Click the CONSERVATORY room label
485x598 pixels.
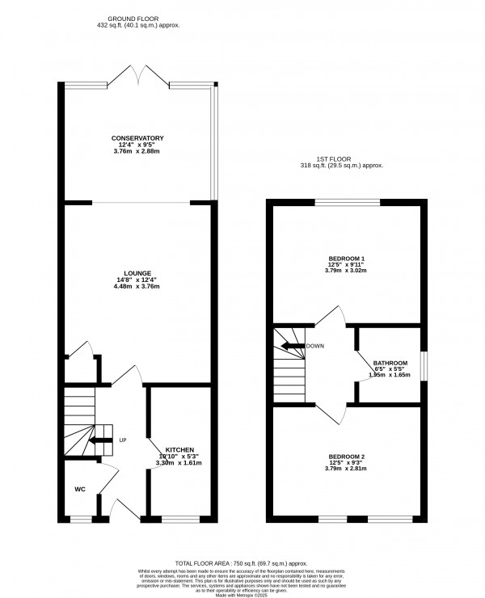click(137, 138)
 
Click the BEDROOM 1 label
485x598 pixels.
click(346, 259)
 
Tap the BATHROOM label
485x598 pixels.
click(390, 363)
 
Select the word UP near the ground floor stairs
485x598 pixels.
click(123, 440)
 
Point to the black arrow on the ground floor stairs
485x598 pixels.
click(101, 440)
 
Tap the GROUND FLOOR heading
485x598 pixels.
click(137, 19)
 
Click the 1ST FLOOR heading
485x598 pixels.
click(339, 159)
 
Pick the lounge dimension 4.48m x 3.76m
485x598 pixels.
click(137, 287)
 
